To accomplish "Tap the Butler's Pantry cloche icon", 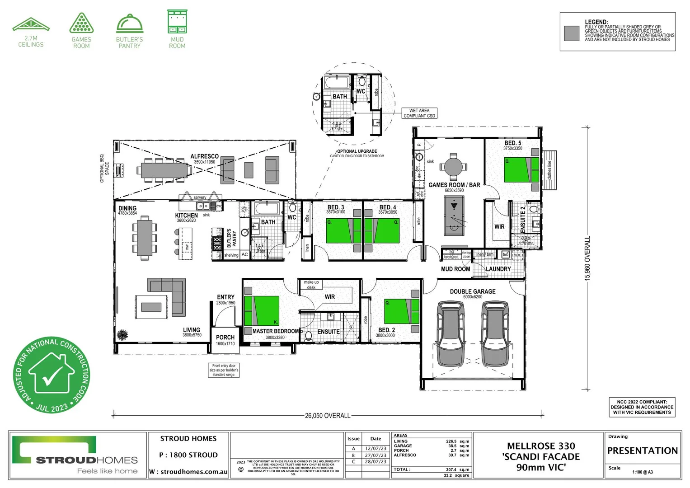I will point(130,23).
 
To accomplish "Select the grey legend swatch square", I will point(572,33).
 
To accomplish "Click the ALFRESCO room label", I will point(204,156).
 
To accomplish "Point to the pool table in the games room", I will point(454,216).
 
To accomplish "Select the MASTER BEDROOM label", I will point(276,331).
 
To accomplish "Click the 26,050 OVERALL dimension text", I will point(328,415).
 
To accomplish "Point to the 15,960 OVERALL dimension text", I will point(588,258).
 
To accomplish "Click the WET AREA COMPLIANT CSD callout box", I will point(419,113).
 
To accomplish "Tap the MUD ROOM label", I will point(455,269).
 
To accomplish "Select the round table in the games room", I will point(453,166).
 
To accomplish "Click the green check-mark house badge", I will point(51,375).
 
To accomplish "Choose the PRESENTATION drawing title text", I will point(642,450).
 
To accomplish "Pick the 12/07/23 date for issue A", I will point(376,449).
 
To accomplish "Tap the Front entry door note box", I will point(224,370).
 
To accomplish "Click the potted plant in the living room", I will point(122,335).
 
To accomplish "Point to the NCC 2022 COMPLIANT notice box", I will point(642,407).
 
